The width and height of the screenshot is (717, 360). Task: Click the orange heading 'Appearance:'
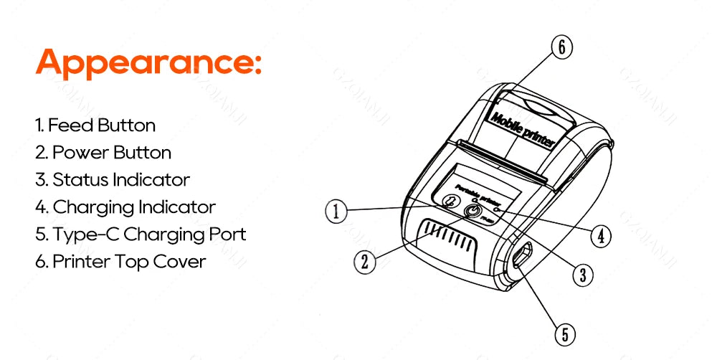click(148, 63)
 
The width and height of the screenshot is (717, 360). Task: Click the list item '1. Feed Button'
click(95, 125)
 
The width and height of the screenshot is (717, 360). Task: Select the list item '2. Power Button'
click(103, 153)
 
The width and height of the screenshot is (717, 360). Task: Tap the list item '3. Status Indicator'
click(113, 180)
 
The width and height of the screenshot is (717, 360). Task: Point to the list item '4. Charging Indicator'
click(125, 207)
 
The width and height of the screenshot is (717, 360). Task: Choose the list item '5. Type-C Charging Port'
click(141, 235)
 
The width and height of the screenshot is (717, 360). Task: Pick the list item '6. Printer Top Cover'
click(120, 262)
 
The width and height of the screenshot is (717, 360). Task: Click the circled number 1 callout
click(336, 211)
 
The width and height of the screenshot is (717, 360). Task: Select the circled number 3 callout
click(582, 273)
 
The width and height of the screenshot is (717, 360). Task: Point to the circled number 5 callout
click(565, 333)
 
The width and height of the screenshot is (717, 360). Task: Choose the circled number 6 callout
click(561, 47)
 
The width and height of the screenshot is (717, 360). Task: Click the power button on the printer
click(472, 211)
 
